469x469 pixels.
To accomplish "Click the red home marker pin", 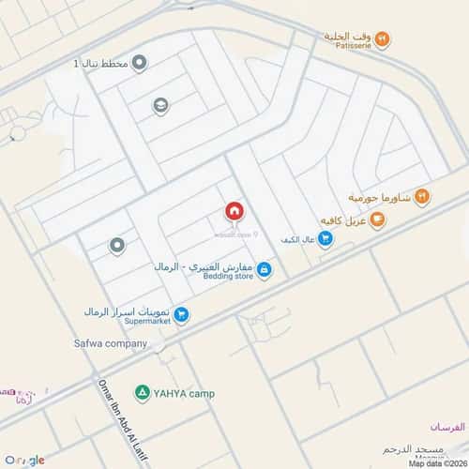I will click(234, 211).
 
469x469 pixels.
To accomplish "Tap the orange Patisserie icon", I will click(383, 38).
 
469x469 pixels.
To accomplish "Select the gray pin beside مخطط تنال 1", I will click(140, 64).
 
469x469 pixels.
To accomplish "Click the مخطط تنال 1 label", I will click(101, 64).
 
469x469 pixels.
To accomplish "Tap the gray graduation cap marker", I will click(160, 106).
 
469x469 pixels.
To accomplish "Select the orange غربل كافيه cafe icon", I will click(377, 220).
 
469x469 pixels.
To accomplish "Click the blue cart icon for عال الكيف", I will click(325, 239).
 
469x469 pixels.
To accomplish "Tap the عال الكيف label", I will click(295, 240).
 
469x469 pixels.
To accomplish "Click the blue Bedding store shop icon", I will click(265, 271).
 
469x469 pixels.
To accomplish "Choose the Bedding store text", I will click(230, 278).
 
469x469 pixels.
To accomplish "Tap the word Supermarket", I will click(135, 322).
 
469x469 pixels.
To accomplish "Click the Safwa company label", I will click(111, 343).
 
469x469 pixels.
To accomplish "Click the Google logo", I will click(24, 460).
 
